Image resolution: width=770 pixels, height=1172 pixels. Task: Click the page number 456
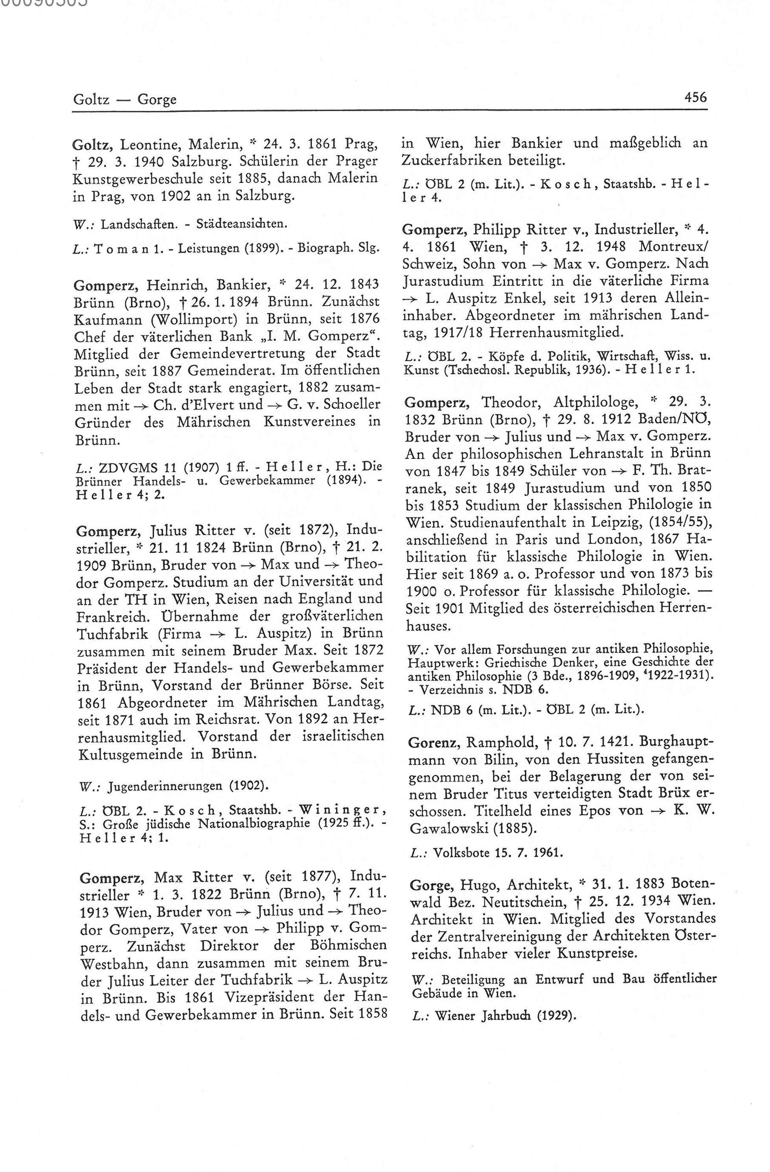(x=695, y=97)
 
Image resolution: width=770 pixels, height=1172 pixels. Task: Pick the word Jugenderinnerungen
(x=165, y=785)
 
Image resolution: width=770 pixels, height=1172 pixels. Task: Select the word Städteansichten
(x=241, y=224)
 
